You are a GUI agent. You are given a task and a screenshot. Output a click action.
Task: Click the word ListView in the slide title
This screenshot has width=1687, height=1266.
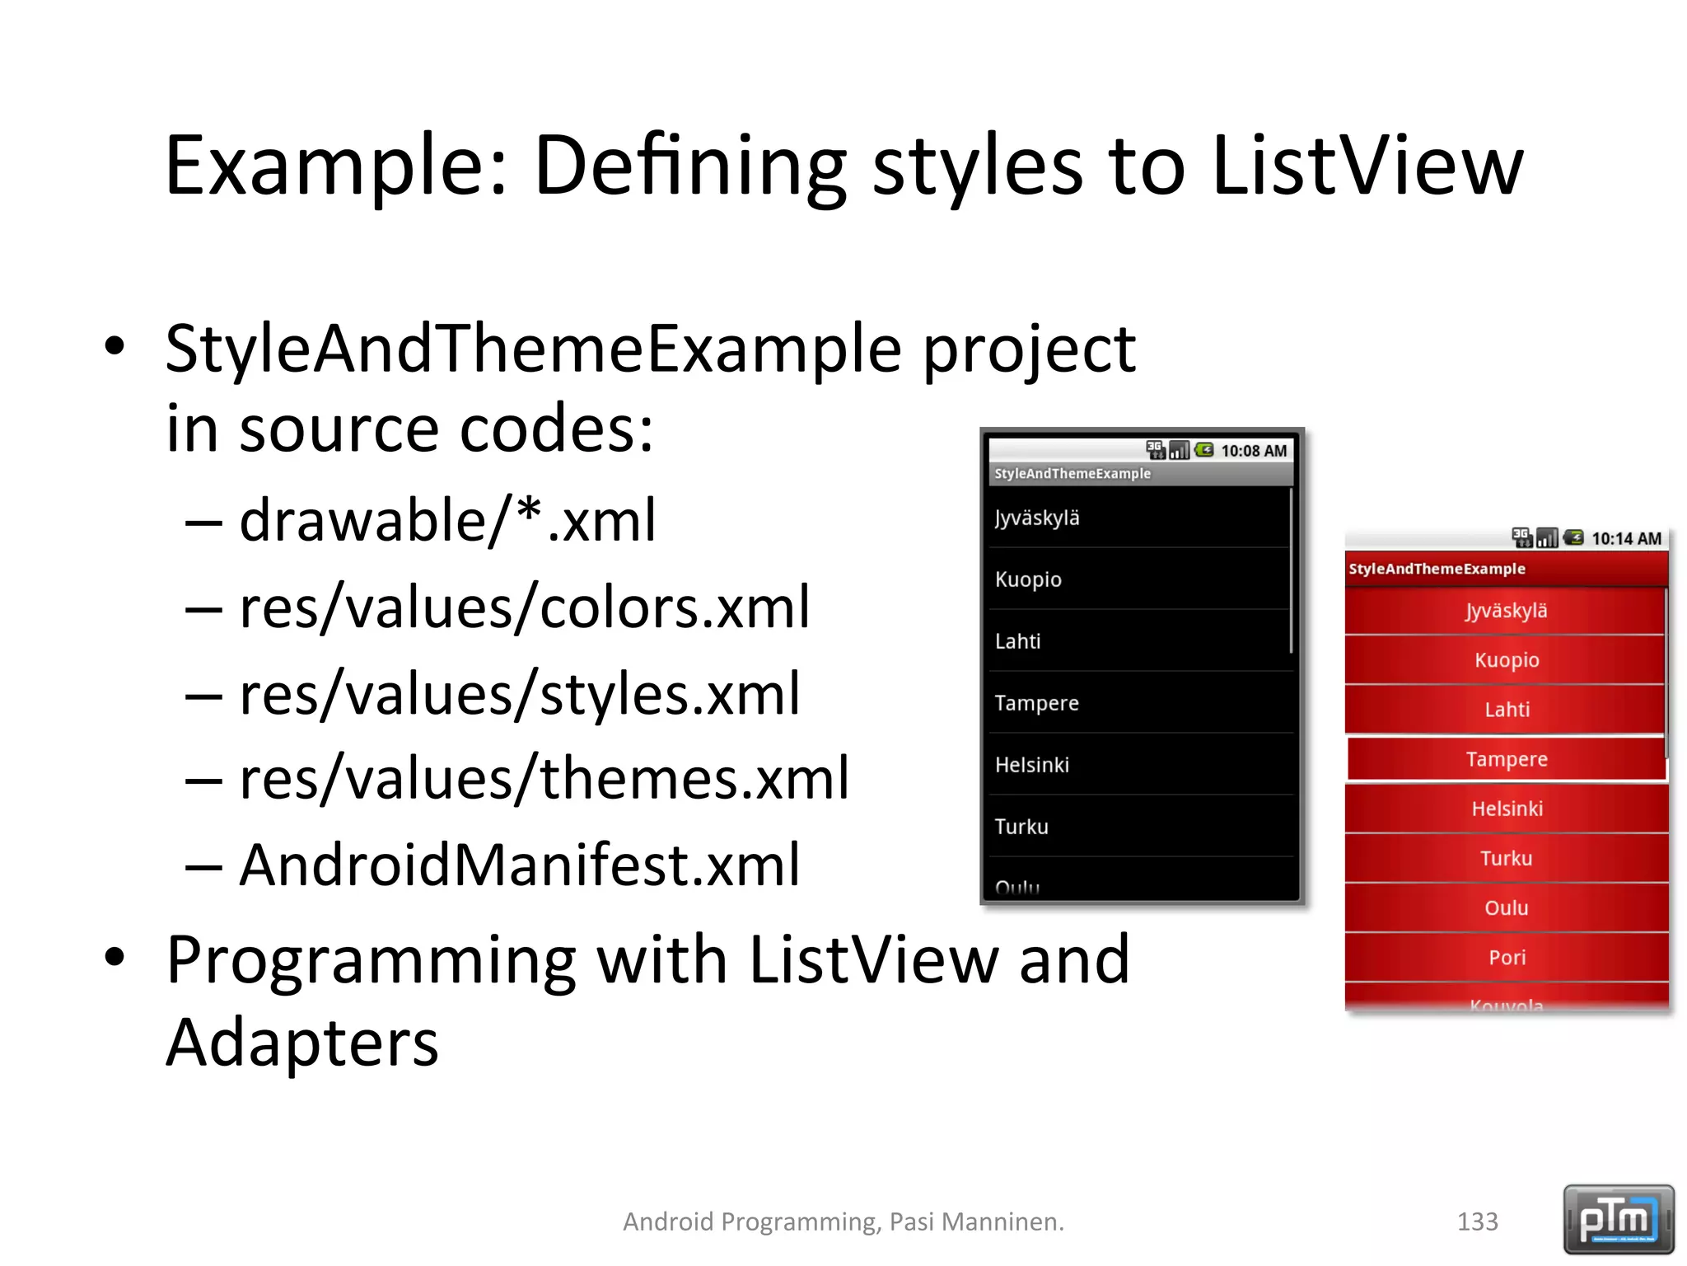(x=1367, y=167)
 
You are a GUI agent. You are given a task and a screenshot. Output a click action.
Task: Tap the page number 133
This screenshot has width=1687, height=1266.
(x=1477, y=1221)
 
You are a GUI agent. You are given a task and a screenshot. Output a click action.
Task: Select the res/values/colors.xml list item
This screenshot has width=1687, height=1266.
(x=524, y=607)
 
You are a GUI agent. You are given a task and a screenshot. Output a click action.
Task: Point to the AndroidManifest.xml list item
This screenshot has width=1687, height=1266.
(x=519, y=865)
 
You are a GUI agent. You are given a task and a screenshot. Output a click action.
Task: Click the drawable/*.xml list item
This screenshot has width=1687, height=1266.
(x=447, y=521)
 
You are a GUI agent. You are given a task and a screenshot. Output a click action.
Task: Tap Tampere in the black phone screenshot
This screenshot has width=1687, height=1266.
(x=1036, y=703)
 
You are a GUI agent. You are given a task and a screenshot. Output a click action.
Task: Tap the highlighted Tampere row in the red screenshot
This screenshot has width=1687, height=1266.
(x=1506, y=759)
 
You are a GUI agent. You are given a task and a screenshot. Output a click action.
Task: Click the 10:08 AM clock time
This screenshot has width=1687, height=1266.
(x=1253, y=451)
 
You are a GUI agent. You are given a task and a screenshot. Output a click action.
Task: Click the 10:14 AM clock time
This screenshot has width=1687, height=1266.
(x=1625, y=539)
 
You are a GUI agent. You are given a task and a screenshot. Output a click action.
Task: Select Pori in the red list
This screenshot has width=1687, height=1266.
(x=1507, y=957)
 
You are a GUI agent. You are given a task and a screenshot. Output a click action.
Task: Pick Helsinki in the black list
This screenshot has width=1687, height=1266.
(x=1031, y=765)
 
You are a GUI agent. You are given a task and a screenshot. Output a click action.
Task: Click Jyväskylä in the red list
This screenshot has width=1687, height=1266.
(x=1506, y=611)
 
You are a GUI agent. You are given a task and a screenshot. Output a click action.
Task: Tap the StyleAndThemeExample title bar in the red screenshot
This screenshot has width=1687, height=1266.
(x=1437, y=569)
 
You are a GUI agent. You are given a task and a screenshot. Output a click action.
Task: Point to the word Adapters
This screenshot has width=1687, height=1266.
(x=301, y=1043)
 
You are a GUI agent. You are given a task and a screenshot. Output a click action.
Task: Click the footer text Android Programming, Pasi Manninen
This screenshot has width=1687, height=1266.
(x=843, y=1221)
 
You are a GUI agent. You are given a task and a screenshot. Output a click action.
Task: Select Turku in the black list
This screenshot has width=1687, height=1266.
(x=1021, y=827)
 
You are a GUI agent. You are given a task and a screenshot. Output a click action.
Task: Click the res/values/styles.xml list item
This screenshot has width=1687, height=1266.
(x=519, y=695)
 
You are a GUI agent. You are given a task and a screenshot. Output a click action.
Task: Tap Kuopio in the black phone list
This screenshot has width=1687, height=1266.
(x=1028, y=579)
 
